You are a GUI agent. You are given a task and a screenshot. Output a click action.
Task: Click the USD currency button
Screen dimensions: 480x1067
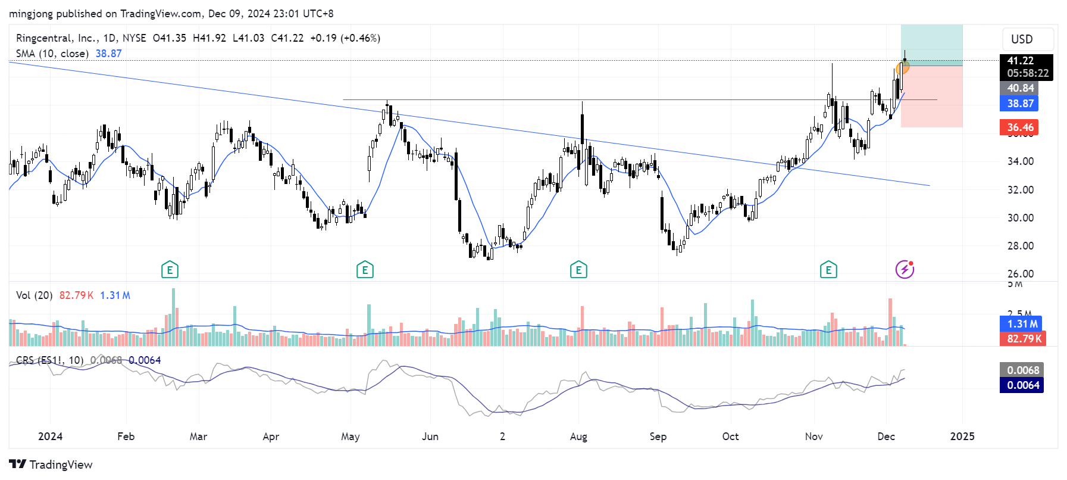(1022, 39)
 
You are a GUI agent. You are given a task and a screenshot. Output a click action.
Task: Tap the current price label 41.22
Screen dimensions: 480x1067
(1021, 61)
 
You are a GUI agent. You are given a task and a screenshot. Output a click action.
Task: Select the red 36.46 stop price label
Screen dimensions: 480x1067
(1021, 127)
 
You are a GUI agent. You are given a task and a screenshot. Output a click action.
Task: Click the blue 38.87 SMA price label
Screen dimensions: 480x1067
(1021, 104)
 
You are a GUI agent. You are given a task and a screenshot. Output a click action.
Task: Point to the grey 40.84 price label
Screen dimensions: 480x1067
(1021, 88)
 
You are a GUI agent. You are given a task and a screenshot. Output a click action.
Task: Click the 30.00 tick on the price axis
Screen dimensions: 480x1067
(1020, 218)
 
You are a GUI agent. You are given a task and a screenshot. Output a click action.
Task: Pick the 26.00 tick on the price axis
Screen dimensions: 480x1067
(1020, 274)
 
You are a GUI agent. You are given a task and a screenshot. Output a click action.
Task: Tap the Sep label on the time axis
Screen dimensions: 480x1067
(658, 437)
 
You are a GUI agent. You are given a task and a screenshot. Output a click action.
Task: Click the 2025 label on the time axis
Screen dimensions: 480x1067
(962, 437)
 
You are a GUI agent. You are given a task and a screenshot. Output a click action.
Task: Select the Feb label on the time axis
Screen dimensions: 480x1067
(126, 437)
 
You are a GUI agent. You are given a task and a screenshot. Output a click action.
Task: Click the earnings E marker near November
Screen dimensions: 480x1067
(828, 270)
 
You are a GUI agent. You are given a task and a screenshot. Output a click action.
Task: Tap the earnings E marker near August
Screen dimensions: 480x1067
(578, 270)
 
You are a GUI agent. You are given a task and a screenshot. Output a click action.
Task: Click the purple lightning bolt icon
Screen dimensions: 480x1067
(905, 270)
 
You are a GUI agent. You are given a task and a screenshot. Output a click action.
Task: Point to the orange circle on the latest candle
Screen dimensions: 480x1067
(902, 67)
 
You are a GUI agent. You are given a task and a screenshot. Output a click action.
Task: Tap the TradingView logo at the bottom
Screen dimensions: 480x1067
(51, 465)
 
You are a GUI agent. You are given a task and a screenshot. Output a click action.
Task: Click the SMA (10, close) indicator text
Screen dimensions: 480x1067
(52, 54)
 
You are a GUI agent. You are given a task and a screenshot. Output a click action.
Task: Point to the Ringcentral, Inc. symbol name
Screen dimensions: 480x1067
(57, 38)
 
